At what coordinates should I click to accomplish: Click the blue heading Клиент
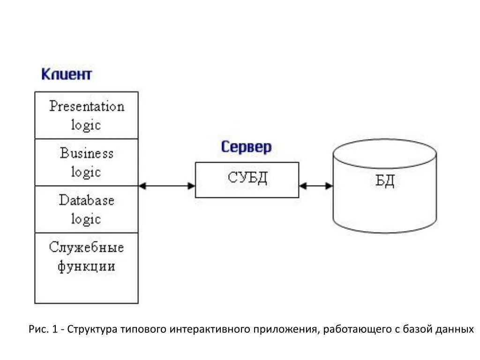point(67,74)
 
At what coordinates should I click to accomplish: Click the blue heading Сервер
point(246,147)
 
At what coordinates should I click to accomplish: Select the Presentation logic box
point(87,115)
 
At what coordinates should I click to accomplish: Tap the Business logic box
point(87,162)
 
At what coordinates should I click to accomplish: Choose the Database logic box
point(87,210)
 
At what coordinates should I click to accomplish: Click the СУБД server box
point(247,180)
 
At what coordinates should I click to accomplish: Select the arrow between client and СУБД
point(167,186)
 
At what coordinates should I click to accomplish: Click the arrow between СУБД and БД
point(316,186)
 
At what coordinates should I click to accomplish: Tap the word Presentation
point(87,106)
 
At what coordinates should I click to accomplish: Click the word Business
point(87,153)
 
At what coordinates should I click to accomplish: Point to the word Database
point(87,200)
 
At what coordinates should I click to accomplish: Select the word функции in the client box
point(87,266)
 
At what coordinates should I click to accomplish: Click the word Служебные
point(87,247)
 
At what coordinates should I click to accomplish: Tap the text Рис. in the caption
point(37,329)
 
